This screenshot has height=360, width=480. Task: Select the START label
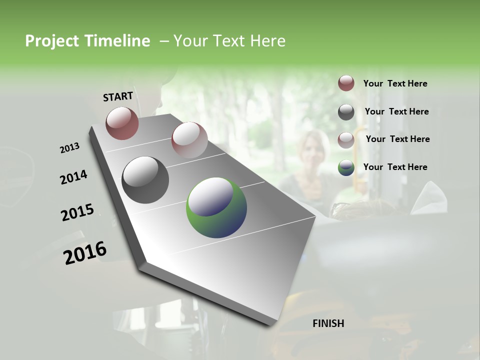pyautogui.click(x=118, y=96)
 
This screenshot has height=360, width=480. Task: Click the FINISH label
pyautogui.click(x=328, y=323)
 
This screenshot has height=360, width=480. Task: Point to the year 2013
pyautogui.click(x=69, y=148)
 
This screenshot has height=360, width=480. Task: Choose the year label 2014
pyautogui.click(x=73, y=177)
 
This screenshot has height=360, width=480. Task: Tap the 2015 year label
pyautogui.click(x=77, y=212)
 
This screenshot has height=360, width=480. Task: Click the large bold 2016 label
pyautogui.click(x=85, y=253)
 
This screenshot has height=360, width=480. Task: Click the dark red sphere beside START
pyautogui.click(x=122, y=123)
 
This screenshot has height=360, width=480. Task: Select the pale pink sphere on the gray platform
pyautogui.click(x=189, y=140)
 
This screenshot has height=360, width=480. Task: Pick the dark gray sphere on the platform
pyautogui.click(x=145, y=180)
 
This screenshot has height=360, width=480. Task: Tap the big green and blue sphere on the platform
pyautogui.click(x=216, y=207)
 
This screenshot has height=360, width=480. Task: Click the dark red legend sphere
pyautogui.click(x=346, y=83)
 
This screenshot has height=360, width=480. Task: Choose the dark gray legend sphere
pyautogui.click(x=346, y=112)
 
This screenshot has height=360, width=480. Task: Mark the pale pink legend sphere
pyautogui.click(x=346, y=139)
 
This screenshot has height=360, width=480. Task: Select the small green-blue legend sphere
pyautogui.click(x=346, y=167)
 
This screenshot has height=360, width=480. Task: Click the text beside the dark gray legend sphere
pyautogui.click(x=396, y=111)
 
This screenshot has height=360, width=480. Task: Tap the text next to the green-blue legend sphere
pyautogui.click(x=395, y=167)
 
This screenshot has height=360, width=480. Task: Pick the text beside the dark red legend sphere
pyautogui.click(x=395, y=83)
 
